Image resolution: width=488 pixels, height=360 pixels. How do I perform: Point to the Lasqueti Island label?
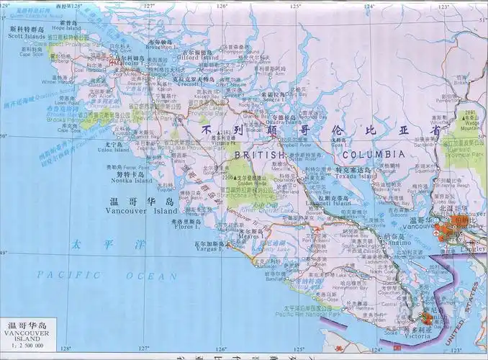(x=333, y=203)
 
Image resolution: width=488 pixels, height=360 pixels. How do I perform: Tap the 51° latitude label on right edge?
(x=482, y=20)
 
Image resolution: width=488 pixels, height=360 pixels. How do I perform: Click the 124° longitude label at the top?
(x=369, y=6)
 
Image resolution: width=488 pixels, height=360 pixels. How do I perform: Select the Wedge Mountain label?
(x=471, y=123)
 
